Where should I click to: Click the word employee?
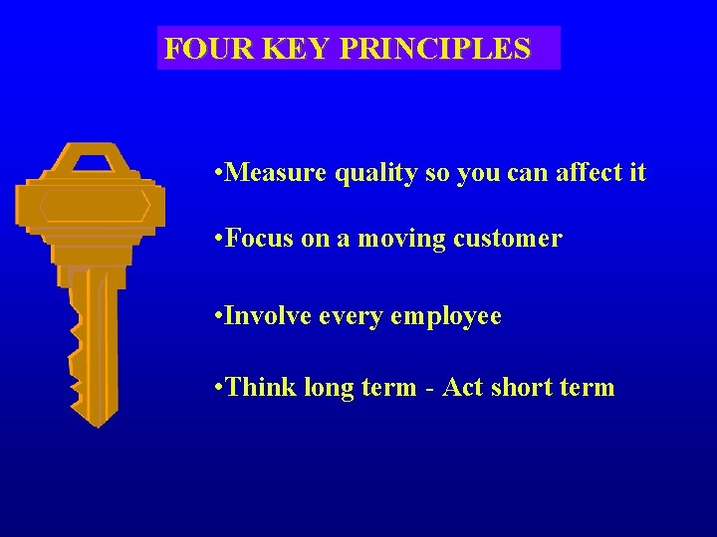(445, 318)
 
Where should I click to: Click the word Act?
(462, 387)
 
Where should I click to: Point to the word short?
(521, 387)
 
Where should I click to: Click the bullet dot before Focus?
(218, 240)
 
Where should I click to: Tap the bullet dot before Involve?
(218, 318)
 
